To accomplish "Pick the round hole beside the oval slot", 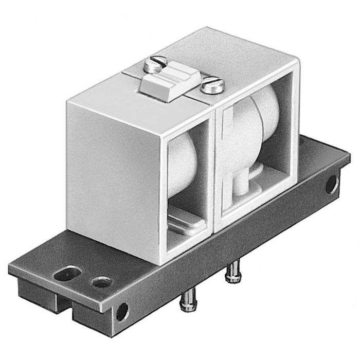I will coord(100,282).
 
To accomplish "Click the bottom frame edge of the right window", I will coord(252,209).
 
